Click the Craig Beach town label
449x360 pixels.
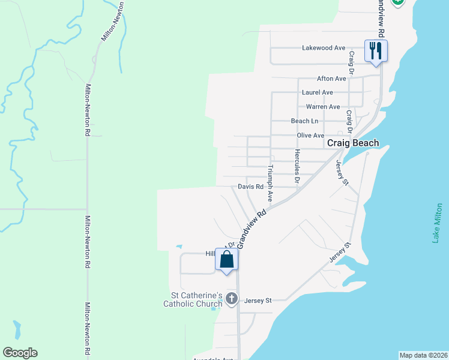coord(353,143)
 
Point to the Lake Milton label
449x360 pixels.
coord(438,223)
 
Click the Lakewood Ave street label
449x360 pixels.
coord(324,47)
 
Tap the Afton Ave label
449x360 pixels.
coord(331,79)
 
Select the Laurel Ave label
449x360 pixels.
coord(318,92)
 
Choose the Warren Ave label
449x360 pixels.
coord(323,107)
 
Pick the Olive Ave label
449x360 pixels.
coord(310,136)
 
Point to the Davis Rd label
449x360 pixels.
coord(250,187)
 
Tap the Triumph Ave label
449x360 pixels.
coord(271,183)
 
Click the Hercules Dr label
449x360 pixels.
coord(297,166)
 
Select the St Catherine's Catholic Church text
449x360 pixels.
coord(193,299)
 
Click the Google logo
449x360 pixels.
coord(20,353)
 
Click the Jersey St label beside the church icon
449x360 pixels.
coord(258,300)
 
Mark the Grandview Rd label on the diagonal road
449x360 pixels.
coord(252,229)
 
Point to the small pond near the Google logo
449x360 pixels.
coord(16,330)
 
